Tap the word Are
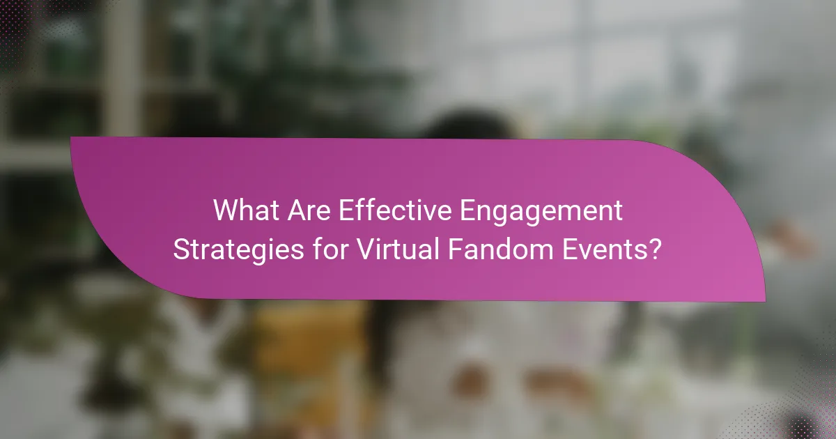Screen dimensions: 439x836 307,210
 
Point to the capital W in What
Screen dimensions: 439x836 226,210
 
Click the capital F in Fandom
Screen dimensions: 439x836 454,249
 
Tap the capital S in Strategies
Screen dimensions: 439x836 183,249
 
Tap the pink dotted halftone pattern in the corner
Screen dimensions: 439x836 808,411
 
